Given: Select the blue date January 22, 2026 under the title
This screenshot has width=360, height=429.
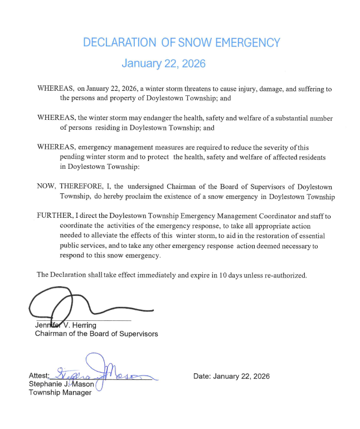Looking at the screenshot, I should (163, 64).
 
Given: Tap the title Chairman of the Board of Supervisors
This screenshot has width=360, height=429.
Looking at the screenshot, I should (96, 334).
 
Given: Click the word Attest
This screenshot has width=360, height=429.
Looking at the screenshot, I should (39, 376).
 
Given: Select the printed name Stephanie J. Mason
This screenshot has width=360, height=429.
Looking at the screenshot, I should (61, 384).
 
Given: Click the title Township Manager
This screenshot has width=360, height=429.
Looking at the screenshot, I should (60, 393).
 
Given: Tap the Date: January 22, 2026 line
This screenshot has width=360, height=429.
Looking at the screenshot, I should (231, 376).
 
